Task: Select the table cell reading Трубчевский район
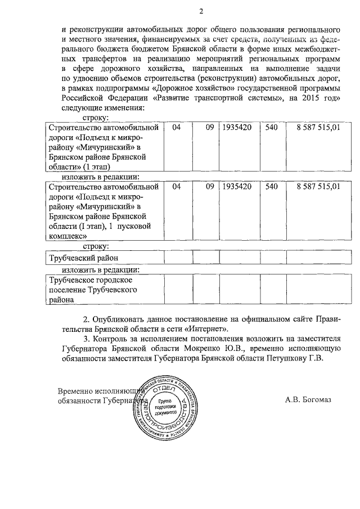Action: point(84,258)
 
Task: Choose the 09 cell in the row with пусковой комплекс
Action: point(210,186)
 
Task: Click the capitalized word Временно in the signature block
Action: point(76,390)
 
